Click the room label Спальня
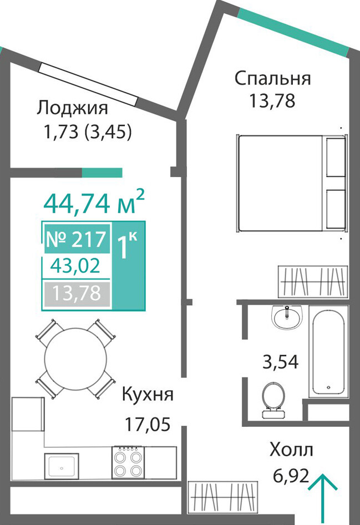[273, 79]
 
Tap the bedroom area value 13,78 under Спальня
[272, 100]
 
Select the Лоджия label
[72, 108]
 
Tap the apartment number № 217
[76, 239]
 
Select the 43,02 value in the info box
[75, 266]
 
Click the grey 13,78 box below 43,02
[77, 294]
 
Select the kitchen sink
[61, 466]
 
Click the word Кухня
[148, 395]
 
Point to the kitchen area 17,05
[148, 423]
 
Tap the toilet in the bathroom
[273, 401]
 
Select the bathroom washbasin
[287, 317]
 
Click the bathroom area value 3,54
[280, 362]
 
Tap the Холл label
[291, 450]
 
